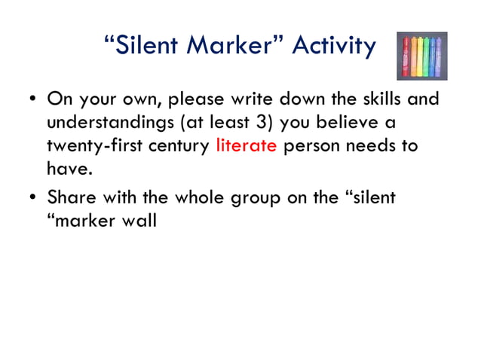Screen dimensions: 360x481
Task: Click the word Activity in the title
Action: coord(333,47)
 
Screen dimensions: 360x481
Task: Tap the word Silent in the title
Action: coord(147,47)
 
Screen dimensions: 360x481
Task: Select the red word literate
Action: coord(246,146)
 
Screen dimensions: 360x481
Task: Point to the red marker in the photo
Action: coord(406,56)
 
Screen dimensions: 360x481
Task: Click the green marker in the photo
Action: coord(425,56)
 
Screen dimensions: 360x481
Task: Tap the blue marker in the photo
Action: coord(433,56)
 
